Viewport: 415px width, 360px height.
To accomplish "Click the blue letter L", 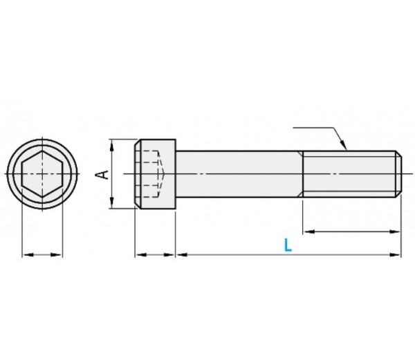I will tap(288, 245).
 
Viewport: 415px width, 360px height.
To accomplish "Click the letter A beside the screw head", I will tap(102, 173).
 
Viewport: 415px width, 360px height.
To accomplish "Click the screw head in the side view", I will tap(155, 173).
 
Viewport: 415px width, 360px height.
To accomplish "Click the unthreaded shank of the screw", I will tap(239, 173).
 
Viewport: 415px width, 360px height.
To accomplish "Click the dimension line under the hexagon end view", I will tap(42, 255).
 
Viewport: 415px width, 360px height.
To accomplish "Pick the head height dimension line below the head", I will tap(155, 255).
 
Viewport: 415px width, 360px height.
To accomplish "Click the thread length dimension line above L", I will tap(351, 231).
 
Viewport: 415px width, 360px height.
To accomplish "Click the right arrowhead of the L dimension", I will tap(397, 255).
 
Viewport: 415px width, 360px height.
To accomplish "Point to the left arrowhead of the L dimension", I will tap(181, 255).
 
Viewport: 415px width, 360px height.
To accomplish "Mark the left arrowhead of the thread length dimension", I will tap(307, 231).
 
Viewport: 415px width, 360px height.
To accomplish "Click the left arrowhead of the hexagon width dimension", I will tap(26, 255).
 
